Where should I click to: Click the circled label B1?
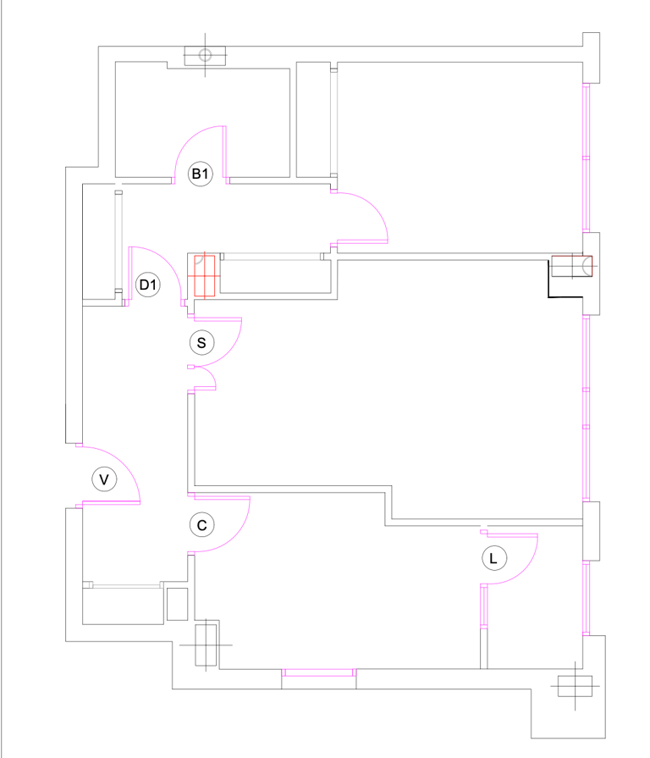click(200, 174)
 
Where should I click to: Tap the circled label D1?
click(148, 285)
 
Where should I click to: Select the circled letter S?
click(201, 343)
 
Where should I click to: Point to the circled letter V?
click(104, 479)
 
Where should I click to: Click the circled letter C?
click(201, 525)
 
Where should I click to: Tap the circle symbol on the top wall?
click(204, 56)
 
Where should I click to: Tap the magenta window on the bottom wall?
click(318, 672)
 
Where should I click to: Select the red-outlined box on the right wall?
click(571, 267)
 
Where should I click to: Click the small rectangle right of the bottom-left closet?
click(177, 604)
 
